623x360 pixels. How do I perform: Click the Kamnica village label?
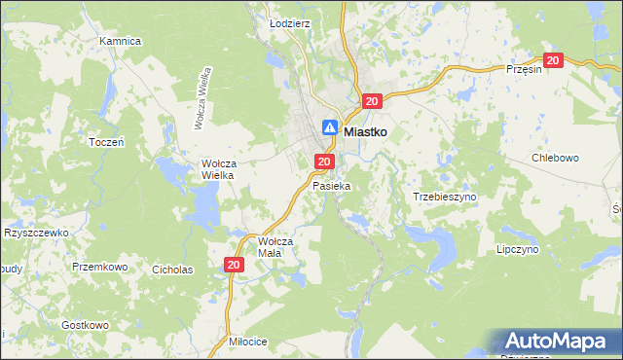(121, 42)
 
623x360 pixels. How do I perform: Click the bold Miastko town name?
(367, 128)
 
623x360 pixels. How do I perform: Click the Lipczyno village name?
(517, 249)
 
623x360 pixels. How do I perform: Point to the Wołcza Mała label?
(275, 246)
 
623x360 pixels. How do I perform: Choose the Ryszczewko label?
(35, 234)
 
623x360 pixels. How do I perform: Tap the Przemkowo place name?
(100, 266)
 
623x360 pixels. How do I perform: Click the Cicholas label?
(172, 270)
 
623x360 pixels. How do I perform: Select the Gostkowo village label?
(85, 325)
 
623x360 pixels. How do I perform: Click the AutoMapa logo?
(557, 342)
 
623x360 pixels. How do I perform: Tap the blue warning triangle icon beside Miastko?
(330, 127)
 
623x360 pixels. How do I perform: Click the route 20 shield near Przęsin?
(553, 60)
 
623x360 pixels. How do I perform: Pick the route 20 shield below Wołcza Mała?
(233, 265)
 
